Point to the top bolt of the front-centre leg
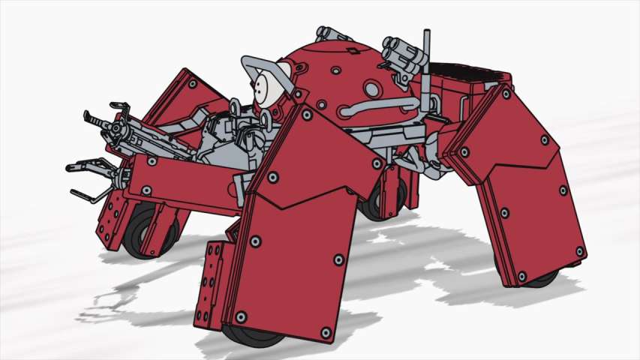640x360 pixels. [x=306, y=115]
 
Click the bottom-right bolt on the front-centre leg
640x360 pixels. [x=325, y=331]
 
